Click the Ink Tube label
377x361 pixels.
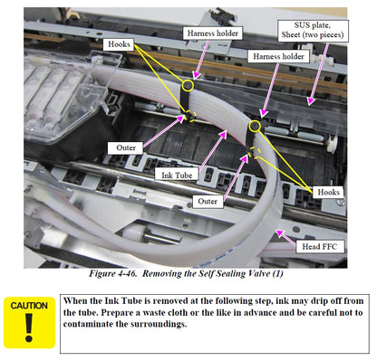coord(177,175)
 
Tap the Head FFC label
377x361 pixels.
coord(320,246)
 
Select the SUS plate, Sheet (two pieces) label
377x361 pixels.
coord(313,30)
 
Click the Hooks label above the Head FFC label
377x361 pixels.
coord(328,192)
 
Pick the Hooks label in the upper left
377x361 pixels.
coord(119,44)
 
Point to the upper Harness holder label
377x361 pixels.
coord(212,33)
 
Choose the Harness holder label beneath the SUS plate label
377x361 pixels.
coord(278,56)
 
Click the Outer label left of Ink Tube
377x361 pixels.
coord(126,147)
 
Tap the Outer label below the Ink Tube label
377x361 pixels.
coord(208,201)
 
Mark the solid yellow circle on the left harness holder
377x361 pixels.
coord(188,86)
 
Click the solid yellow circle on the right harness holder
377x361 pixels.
coord(256,126)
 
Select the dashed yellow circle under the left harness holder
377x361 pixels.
coord(190,116)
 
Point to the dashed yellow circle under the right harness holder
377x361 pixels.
coord(256,153)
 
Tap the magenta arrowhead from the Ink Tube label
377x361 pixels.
coord(223,134)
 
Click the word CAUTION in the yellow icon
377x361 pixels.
coord(29,306)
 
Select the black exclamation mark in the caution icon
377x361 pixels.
coord(29,328)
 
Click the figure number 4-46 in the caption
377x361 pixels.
coord(126,273)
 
